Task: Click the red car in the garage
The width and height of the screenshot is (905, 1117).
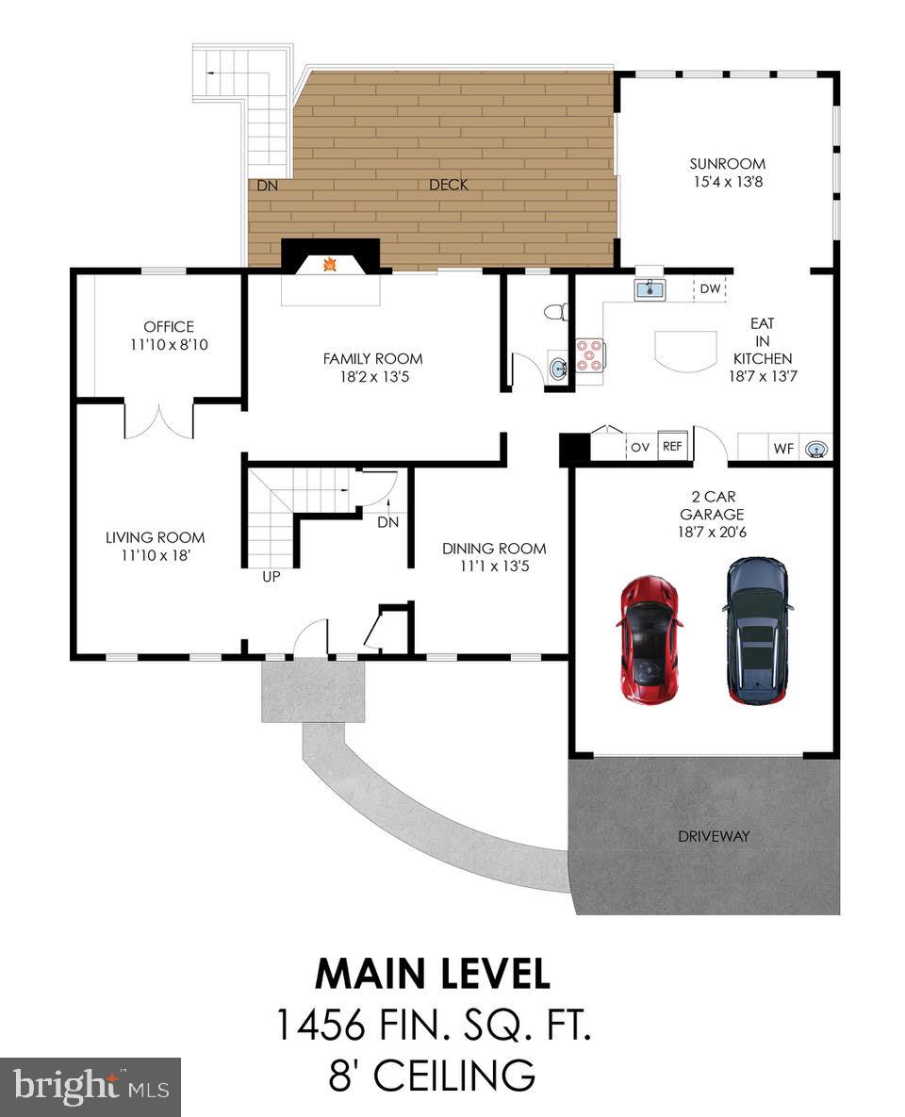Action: click(649, 639)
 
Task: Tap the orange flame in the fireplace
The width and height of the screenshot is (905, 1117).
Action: click(330, 264)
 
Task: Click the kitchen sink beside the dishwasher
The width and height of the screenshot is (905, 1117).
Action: click(650, 290)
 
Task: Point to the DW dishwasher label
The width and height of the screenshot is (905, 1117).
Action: click(710, 288)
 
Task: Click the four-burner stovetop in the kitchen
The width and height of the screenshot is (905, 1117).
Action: click(589, 354)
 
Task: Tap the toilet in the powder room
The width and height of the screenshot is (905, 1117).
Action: click(556, 312)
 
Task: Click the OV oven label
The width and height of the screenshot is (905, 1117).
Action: click(640, 448)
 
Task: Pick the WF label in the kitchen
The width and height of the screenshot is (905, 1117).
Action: click(783, 449)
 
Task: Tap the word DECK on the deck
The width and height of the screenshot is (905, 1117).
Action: click(449, 185)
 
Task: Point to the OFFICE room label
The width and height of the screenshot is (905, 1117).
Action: click(169, 327)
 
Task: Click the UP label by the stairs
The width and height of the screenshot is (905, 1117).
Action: click(271, 576)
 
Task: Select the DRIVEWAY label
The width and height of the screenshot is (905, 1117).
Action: click(714, 836)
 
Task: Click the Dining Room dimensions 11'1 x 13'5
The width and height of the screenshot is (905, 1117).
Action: click(495, 567)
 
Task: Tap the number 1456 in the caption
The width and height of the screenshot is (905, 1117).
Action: click(320, 1025)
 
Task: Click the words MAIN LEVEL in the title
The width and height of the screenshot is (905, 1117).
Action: click(434, 973)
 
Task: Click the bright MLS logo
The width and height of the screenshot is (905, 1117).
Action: click(90, 1086)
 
